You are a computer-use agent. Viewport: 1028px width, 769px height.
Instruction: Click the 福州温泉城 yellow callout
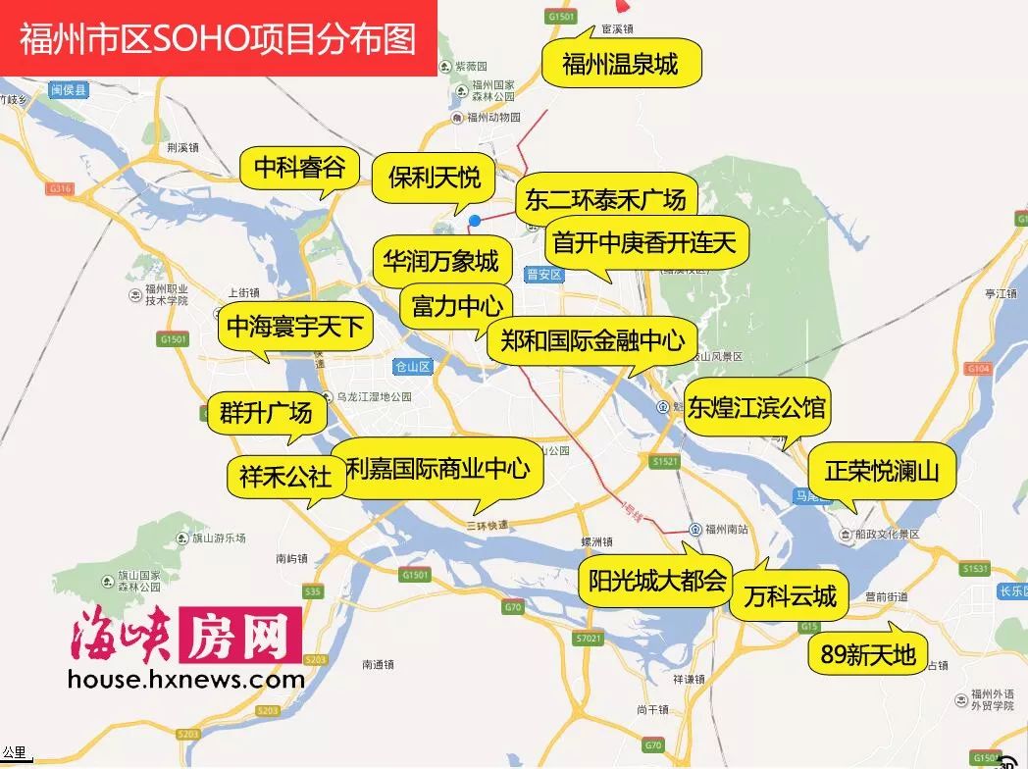pyautogui.click(x=620, y=65)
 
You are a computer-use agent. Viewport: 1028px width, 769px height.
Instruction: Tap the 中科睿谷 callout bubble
pyautogui.click(x=299, y=169)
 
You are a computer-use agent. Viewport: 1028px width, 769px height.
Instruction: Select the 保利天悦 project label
pyautogui.click(x=434, y=178)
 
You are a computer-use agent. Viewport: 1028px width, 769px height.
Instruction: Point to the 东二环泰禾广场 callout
pyautogui.click(x=605, y=200)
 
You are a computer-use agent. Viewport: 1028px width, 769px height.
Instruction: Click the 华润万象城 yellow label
pyautogui.click(x=440, y=261)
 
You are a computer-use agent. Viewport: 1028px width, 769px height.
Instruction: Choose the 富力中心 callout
pyautogui.click(x=457, y=305)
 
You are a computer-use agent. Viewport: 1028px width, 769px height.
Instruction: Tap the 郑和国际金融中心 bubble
pyautogui.click(x=591, y=340)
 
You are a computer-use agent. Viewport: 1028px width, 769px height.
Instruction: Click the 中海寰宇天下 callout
pyautogui.click(x=295, y=327)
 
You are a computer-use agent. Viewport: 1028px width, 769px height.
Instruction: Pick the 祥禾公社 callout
pyautogui.click(x=285, y=478)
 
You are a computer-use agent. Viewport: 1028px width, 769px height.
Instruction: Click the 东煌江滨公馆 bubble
pyautogui.click(x=756, y=407)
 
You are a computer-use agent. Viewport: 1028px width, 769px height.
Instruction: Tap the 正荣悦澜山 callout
pyautogui.click(x=881, y=471)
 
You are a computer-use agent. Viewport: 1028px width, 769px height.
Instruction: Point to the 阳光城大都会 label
pyautogui.click(x=656, y=581)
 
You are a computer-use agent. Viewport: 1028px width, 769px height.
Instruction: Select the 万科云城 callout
pyautogui.click(x=789, y=595)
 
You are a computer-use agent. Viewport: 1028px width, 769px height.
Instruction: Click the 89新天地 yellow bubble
pyautogui.click(x=867, y=653)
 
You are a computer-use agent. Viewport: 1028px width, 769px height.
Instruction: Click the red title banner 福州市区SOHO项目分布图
pyautogui.click(x=218, y=38)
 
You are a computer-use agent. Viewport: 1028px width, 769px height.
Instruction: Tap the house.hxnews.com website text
pyautogui.click(x=186, y=679)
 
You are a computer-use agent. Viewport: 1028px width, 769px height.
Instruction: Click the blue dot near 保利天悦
pyautogui.click(x=475, y=221)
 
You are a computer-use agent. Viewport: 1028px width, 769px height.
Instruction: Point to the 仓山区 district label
pyautogui.click(x=412, y=367)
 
